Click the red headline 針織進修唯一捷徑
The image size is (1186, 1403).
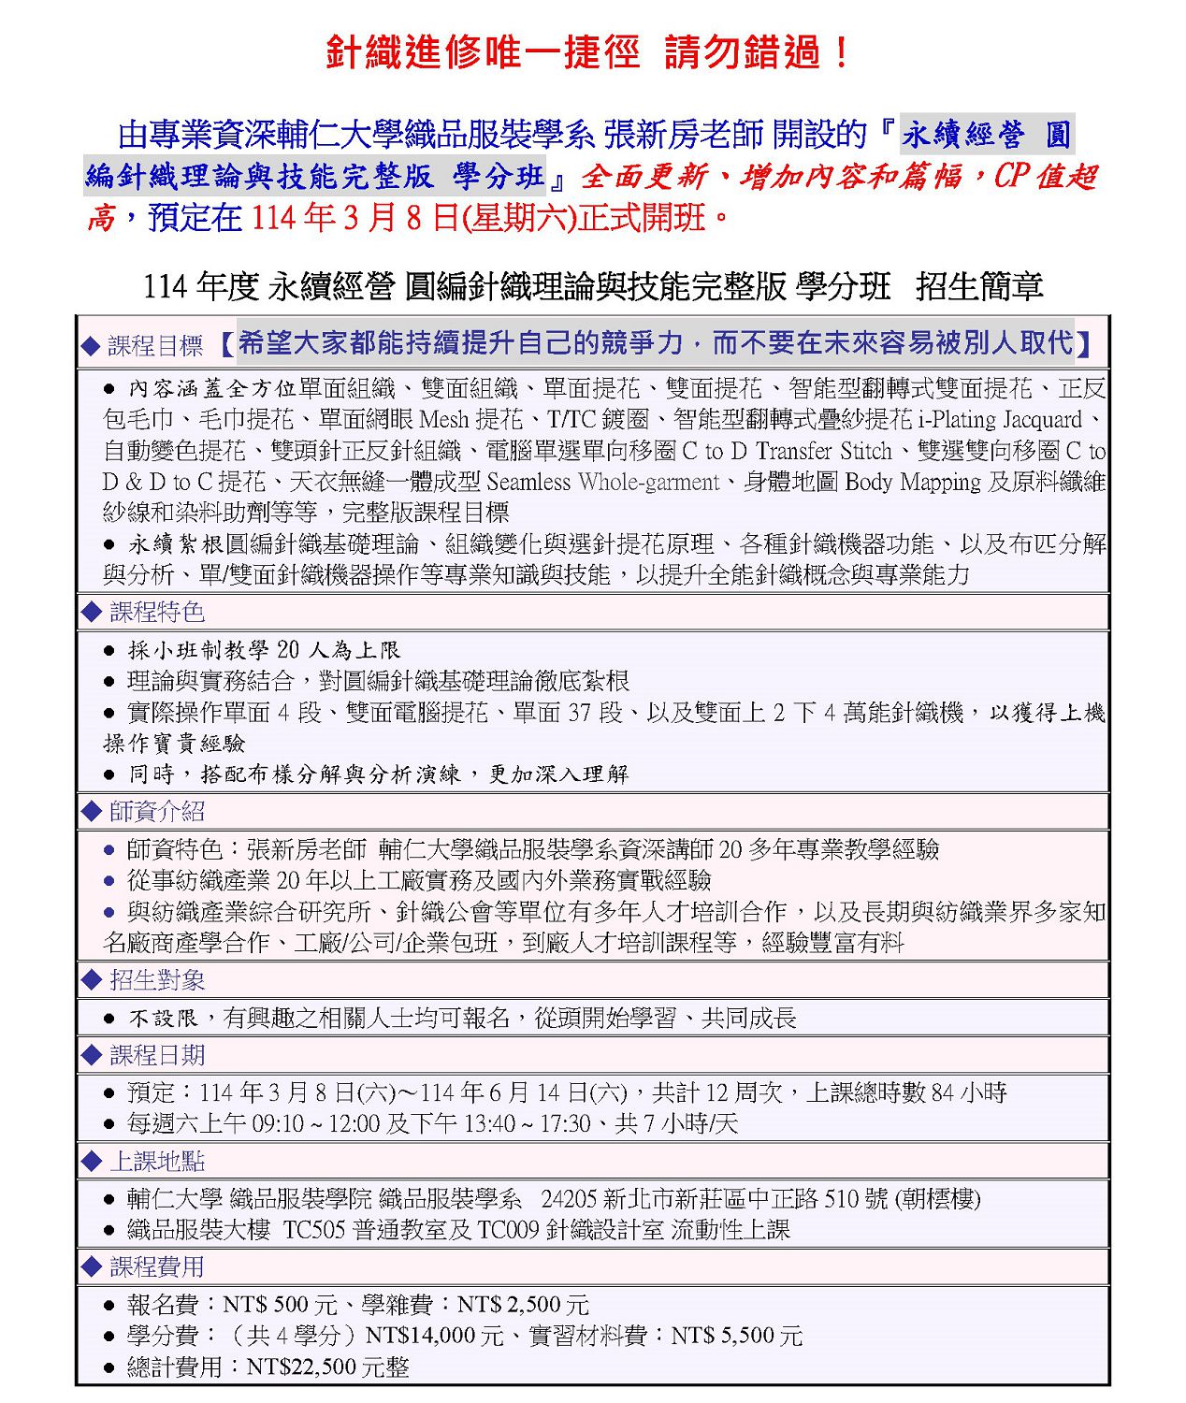(483, 52)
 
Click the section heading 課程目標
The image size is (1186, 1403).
(155, 346)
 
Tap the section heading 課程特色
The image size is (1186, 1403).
(157, 612)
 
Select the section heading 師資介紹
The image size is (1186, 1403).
(157, 811)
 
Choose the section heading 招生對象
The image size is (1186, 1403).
(157, 979)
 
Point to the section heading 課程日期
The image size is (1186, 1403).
(157, 1055)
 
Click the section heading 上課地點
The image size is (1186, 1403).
(157, 1161)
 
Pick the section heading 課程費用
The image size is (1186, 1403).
(157, 1266)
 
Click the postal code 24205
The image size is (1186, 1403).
(569, 1199)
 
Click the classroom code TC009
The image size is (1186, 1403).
(509, 1230)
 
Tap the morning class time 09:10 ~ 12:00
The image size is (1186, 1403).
(315, 1123)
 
